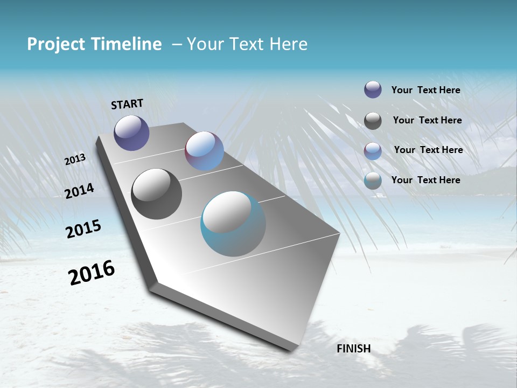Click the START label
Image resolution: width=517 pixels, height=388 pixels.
[x=127, y=104]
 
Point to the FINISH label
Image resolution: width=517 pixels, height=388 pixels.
[x=353, y=349]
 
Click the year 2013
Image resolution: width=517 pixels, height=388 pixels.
[x=75, y=160]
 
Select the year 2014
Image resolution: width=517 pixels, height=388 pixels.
[x=79, y=191]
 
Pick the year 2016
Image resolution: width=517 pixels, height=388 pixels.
[x=91, y=273]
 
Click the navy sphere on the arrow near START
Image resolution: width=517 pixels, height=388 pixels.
[x=131, y=133]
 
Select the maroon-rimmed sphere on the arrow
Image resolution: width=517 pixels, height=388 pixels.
[x=204, y=151]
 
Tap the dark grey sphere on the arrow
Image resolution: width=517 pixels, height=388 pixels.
[x=156, y=193]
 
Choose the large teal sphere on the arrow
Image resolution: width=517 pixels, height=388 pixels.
[x=233, y=224]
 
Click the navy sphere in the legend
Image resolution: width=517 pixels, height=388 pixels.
[x=373, y=89]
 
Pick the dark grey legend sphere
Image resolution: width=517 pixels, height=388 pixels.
[x=373, y=121]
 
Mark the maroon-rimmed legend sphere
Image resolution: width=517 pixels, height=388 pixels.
[x=373, y=151]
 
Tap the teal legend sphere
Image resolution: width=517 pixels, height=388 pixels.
[x=373, y=181]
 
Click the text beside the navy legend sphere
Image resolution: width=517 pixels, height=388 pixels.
[x=425, y=90]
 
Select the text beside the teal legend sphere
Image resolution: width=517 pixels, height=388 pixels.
[x=425, y=180]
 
